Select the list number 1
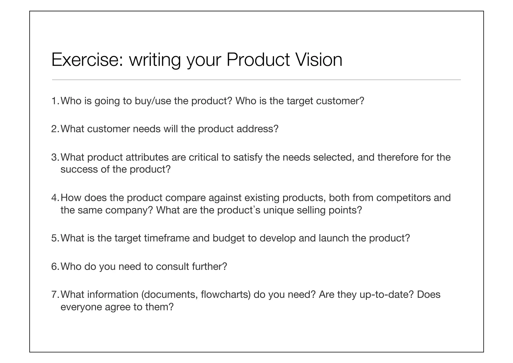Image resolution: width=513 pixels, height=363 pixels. tap(55, 101)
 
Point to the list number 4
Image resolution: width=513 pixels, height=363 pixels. tap(55, 198)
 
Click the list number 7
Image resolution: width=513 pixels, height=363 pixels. tap(55, 295)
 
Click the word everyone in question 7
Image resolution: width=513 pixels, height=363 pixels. tap(81, 307)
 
